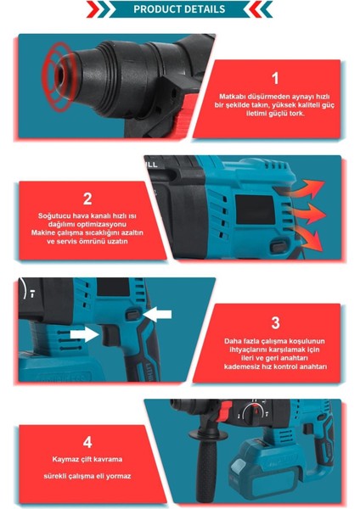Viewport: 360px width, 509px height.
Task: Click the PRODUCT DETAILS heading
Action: click(179, 8)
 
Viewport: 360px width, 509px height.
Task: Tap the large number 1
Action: click(275, 78)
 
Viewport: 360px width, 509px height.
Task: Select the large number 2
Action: click(87, 199)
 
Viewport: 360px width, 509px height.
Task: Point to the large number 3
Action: click(276, 322)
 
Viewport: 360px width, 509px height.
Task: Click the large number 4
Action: click(87, 442)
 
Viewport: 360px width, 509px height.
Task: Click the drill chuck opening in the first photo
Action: click(60, 75)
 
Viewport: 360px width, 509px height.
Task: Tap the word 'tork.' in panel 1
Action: click(295, 114)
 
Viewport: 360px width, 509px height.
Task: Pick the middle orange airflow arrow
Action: click(306, 214)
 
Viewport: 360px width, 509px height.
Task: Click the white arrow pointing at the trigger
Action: click(84, 334)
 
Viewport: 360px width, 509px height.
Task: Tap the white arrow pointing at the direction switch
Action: click(157, 314)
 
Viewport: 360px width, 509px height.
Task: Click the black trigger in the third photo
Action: click(111, 335)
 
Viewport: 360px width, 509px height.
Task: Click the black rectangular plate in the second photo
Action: click(255, 210)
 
